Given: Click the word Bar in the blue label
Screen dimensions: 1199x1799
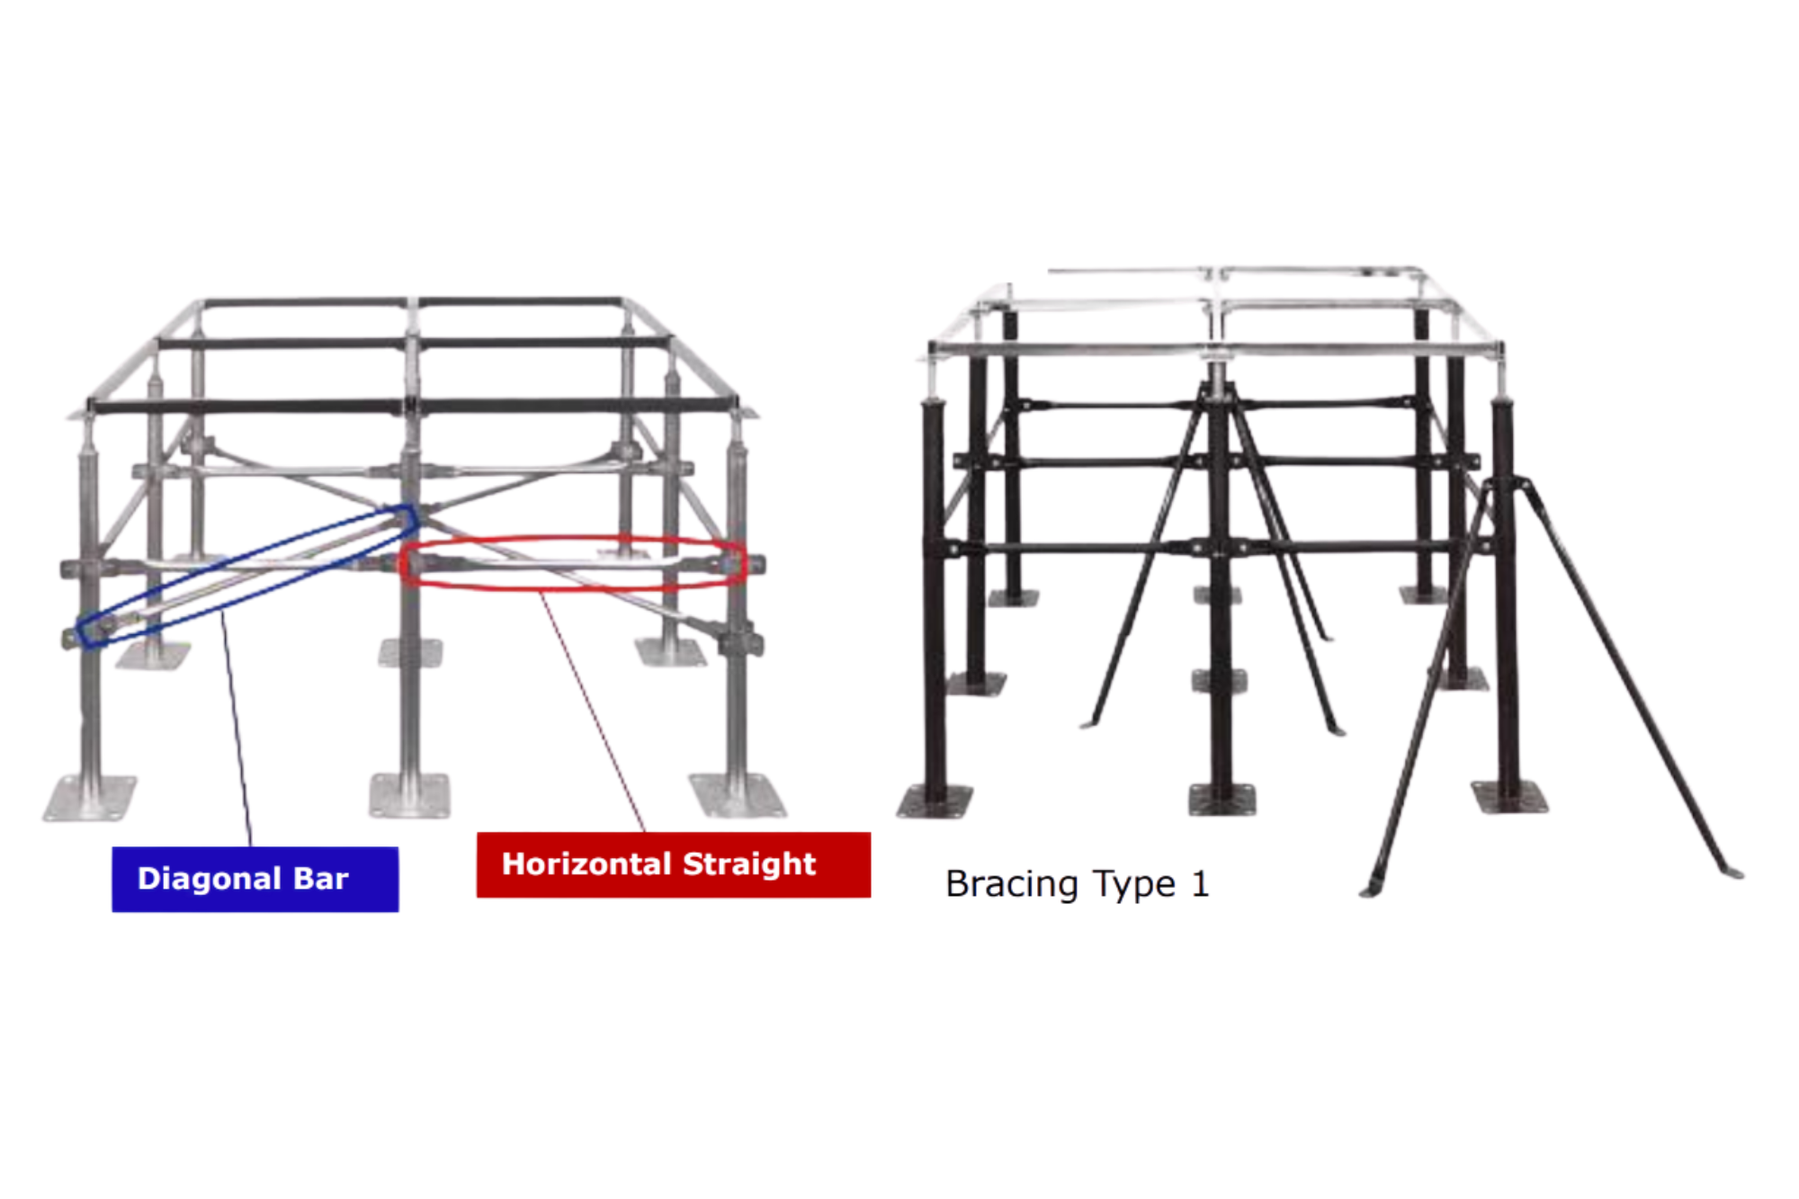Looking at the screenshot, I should pyautogui.click(x=321, y=879).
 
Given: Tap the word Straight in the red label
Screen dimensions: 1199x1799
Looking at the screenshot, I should pyautogui.click(x=749, y=864).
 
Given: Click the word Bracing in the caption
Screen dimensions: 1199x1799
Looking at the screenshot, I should pyautogui.click(x=1010, y=884).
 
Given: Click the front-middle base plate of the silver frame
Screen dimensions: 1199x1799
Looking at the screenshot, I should pyautogui.click(x=410, y=795).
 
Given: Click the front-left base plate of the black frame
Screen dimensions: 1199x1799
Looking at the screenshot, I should pyautogui.click(x=935, y=801).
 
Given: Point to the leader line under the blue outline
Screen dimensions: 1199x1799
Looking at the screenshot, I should pyautogui.click(x=238, y=738).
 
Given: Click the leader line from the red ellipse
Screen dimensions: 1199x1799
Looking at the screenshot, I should pyautogui.click(x=594, y=711).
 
